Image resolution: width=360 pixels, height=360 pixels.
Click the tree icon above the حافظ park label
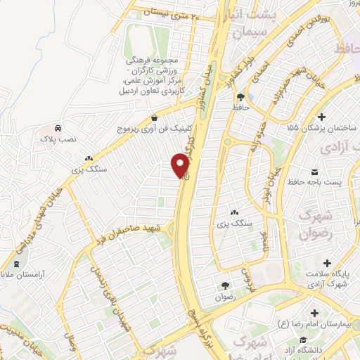tap(241, 97)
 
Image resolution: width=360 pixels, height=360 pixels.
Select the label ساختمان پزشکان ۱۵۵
tap(322, 129)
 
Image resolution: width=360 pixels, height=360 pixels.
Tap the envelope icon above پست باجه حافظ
tap(314, 171)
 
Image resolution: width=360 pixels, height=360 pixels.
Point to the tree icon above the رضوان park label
tap(224, 285)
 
